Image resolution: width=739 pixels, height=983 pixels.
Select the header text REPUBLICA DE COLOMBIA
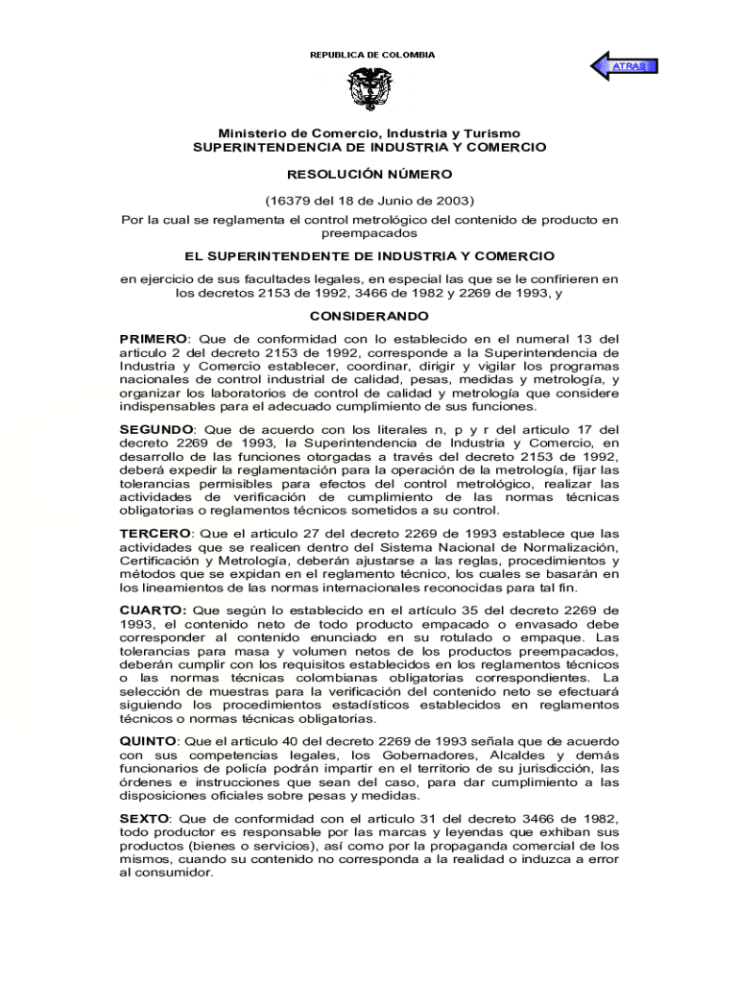click(x=371, y=55)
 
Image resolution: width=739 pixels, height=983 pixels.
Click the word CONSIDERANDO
click(x=369, y=316)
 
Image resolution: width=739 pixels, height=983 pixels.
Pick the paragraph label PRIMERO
click(x=153, y=339)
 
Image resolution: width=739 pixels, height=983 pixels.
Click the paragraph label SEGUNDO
click(x=155, y=429)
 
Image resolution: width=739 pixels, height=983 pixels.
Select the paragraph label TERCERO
click(x=154, y=532)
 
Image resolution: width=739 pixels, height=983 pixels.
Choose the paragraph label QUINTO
click(x=148, y=742)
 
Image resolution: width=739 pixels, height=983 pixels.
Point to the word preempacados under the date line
click(x=369, y=232)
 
